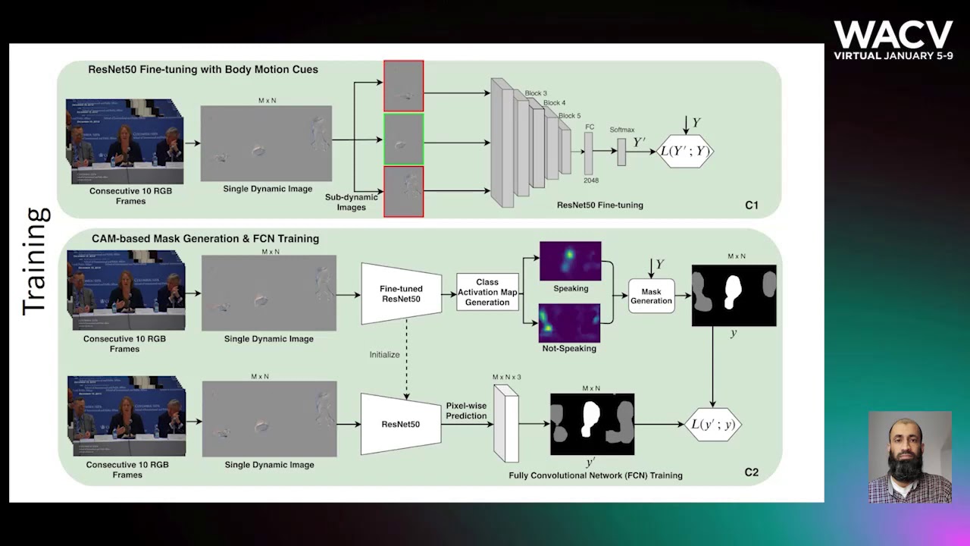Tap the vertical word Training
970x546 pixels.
click(36, 262)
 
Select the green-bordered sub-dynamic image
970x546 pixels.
click(403, 140)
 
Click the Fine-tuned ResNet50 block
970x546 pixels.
click(402, 293)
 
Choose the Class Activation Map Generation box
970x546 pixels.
click(487, 292)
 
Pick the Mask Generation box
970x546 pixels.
click(651, 296)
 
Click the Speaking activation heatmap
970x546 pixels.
click(570, 261)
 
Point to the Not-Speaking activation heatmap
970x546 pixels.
click(569, 322)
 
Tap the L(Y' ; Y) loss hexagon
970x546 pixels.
click(684, 151)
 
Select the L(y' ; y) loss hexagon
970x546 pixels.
click(712, 424)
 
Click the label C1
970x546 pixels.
click(751, 205)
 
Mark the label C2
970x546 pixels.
click(751, 472)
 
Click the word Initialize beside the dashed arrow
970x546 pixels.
click(384, 354)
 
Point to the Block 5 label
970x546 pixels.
click(570, 116)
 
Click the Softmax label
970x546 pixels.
click(621, 130)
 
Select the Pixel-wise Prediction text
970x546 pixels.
click(466, 410)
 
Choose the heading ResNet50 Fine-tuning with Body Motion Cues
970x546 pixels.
click(203, 70)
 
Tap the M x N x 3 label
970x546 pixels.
click(506, 377)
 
